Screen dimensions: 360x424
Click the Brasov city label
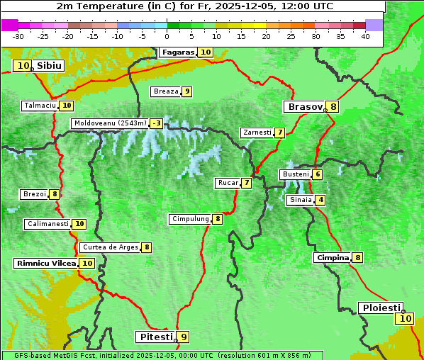(x=305, y=107)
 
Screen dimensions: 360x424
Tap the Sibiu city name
(x=50, y=66)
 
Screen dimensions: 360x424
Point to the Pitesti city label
(x=155, y=337)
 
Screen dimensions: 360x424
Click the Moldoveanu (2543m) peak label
(x=110, y=123)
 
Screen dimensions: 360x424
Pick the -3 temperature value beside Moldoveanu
(x=156, y=123)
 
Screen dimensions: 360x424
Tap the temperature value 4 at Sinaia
(x=320, y=200)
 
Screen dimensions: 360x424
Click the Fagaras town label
(x=177, y=52)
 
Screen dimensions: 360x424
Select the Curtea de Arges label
(x=109, y=247)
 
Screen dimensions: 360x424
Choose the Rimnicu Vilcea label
(x=45, y=263)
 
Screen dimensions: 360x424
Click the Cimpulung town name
(x=190, y=219)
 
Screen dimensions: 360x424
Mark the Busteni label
(x=295, y=174)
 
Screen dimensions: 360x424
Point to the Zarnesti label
(x=257, y=133)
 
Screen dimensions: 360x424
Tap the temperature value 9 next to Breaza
(x=186, y=91)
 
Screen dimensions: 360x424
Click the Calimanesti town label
(x=48, y=224)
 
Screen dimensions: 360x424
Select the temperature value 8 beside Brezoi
(x=54, y=194)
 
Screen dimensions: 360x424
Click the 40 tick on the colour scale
(x=365, y=35)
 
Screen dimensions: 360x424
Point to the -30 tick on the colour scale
(x=18, y=35)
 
